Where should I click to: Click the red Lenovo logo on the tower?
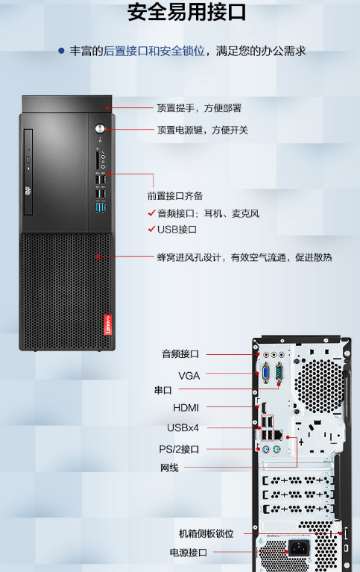(107, 324)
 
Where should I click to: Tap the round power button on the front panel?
(100, 128)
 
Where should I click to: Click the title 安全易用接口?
(187, 13)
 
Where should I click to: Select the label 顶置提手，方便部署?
(199, 108)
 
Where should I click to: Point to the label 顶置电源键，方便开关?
(203, 131)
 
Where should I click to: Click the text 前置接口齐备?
(175, 196)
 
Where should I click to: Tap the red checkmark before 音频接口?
(152, 213)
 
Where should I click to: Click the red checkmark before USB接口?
(152, 229)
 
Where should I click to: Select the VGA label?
(189, 376)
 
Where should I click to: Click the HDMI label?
(186, 407)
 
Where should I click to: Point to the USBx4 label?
(183, 427)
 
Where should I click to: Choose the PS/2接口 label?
(179, 449)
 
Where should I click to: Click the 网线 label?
(169, 468)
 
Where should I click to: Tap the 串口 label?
(162, 390)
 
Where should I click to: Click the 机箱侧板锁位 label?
(206, 534)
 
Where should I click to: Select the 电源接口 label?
(189, 553)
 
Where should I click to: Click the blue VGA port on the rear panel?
(265, 373)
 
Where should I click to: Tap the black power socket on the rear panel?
(299, 547)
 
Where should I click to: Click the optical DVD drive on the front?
(28, 172)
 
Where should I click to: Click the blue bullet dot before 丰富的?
(61, 51)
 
